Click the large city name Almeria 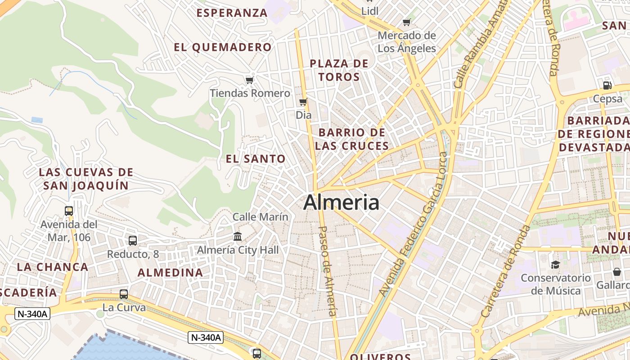click(341, 202)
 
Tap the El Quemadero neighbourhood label click(223, 47)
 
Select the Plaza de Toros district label click(339, 70)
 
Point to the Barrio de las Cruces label click(352, 139)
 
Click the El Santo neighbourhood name click(256, 158)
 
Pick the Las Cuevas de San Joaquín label click(86, 179)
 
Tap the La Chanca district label click(53, 267)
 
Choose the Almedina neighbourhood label click(170, 273)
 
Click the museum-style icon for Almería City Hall click(238, 236)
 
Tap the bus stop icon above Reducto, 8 click(133, 241)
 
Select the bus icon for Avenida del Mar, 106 click(69, 211)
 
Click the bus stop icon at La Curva click(124, 294)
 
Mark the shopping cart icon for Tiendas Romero click(250, 80)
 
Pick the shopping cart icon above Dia click(303, 102)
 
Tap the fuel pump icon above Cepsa click(607, 85)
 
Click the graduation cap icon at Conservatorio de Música click(555, 265)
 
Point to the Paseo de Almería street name click(328, 270)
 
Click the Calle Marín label click(260, 217)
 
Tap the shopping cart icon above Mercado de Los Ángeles click(407, 22)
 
